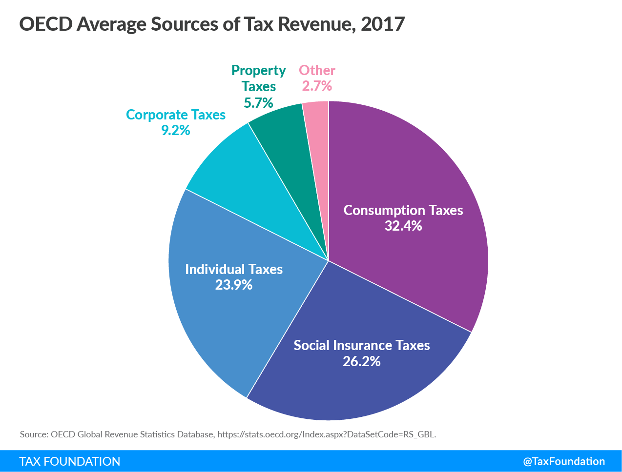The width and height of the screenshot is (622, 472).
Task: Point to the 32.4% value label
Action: [403, 226]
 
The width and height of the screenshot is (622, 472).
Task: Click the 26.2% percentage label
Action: [361, 361]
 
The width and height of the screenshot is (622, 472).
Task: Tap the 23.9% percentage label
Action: [233, 285]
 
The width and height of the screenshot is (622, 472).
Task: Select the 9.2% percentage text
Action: [175, 130]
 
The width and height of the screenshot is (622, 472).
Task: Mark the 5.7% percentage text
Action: [258, 103]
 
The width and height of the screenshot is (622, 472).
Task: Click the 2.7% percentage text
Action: [317, 86]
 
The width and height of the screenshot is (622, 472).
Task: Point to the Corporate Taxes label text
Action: [176, 115]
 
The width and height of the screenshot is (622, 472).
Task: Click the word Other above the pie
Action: [317, 70]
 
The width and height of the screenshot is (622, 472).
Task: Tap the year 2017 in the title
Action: [383, 24]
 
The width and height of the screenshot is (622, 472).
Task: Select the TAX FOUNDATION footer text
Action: [70, 461]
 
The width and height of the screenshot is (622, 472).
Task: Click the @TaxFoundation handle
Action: [564, 461]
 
